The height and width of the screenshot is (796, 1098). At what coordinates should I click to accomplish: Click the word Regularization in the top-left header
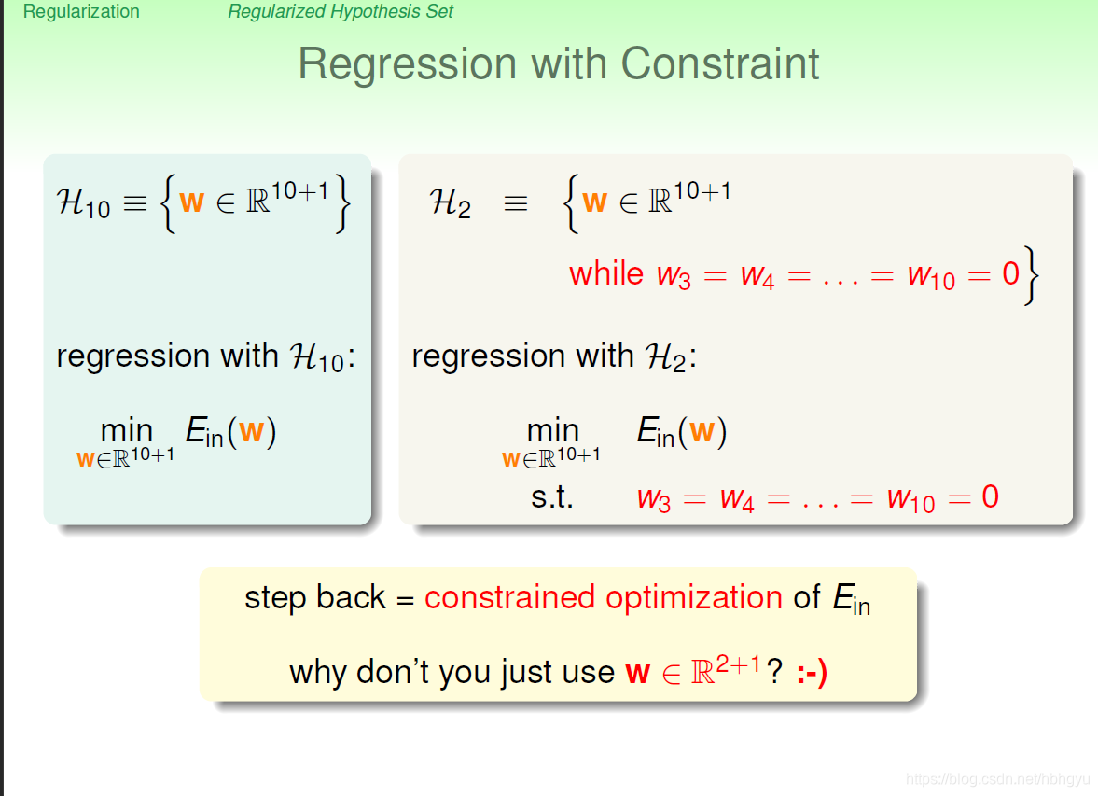81,12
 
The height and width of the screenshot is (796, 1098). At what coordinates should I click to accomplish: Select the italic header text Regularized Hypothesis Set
341,12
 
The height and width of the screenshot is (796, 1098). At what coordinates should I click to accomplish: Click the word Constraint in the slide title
720,63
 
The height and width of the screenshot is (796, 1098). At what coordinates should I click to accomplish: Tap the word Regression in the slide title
407,63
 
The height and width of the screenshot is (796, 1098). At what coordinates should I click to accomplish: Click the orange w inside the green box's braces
191,202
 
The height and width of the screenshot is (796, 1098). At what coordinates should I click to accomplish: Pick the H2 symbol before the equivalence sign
450,203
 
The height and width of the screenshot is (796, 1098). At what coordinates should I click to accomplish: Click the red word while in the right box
606,273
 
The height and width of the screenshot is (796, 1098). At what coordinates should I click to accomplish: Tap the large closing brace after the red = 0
1030,274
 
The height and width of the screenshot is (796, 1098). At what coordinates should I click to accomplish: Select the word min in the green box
126,430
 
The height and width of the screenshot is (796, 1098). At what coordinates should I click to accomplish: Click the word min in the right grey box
552,430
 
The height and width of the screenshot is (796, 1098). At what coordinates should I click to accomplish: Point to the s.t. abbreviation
552,496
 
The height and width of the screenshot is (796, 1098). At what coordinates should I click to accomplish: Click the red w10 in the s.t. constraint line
910,499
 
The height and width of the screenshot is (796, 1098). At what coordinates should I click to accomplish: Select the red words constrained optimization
604,597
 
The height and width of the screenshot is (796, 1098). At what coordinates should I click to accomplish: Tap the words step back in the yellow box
315,597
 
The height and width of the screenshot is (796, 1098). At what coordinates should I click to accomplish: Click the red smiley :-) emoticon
812,672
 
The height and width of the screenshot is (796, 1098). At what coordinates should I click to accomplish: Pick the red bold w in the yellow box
637,673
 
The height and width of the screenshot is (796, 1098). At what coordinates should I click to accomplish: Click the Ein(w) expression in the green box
230,431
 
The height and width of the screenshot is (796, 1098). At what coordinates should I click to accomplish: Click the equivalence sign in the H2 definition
515,203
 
